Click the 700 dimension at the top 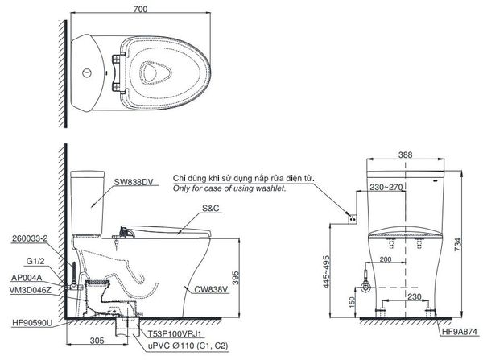[142, 8]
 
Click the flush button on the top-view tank [84, 70]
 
